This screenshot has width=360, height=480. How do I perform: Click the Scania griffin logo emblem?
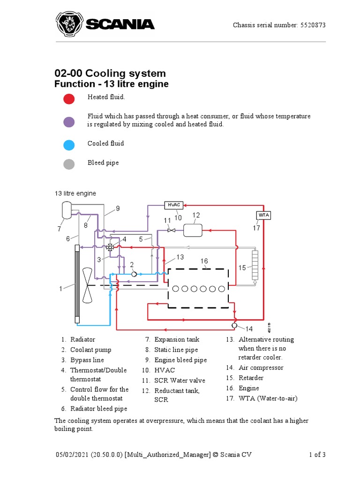[69, 24]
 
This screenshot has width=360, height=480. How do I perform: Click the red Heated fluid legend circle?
[69, 99]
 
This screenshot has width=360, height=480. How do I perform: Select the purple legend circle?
[69, 122]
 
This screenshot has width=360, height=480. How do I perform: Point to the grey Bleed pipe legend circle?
[69, 164]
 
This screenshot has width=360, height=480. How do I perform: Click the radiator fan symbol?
[88, 285]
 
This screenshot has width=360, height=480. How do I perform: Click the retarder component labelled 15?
[255, 266]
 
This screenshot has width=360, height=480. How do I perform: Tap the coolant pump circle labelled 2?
[134, 274]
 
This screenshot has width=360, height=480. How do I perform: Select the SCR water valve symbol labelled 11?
[171, 230]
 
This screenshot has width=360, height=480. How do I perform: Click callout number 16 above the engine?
[204, 261]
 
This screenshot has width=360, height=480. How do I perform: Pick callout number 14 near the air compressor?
[249, 329]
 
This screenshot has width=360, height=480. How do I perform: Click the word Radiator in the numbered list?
[82, 339]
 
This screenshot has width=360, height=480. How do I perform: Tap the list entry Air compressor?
[261, 367]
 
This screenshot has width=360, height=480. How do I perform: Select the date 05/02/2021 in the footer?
[71, 455]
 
